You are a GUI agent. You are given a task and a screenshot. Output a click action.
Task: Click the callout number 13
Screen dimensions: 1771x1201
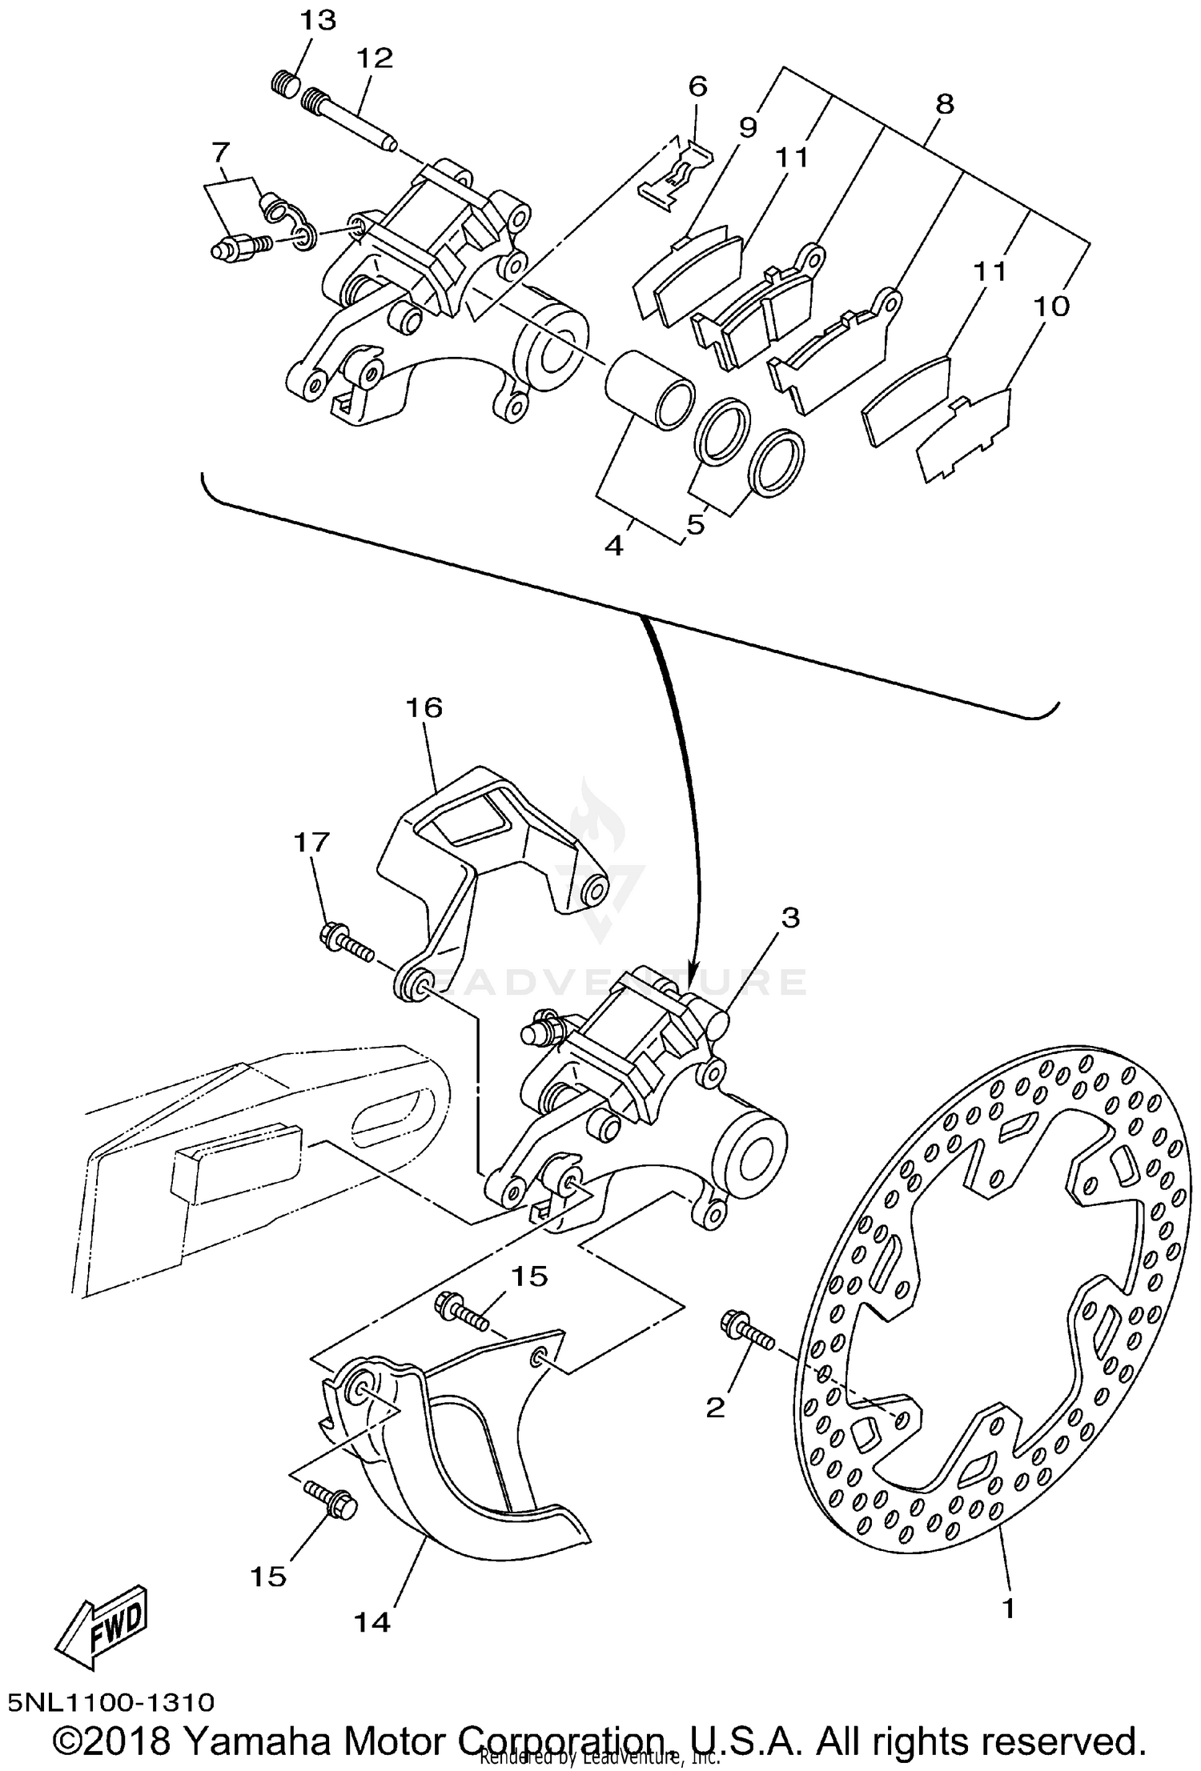318,20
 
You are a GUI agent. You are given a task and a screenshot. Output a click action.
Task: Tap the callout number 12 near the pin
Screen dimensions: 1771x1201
375,58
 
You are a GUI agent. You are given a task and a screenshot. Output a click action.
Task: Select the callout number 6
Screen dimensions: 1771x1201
697,86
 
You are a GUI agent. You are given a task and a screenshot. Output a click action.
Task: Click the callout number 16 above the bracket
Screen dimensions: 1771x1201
424,707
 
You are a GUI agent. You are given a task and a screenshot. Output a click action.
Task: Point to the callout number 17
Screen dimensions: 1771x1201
311,842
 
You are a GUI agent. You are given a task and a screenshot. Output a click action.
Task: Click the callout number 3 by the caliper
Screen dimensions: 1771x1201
789,918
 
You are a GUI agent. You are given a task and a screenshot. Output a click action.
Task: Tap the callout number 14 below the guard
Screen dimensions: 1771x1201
372,1622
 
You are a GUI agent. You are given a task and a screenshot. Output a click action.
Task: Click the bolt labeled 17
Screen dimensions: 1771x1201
346,941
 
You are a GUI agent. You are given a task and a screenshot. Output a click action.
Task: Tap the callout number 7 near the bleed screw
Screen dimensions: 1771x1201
221,151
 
